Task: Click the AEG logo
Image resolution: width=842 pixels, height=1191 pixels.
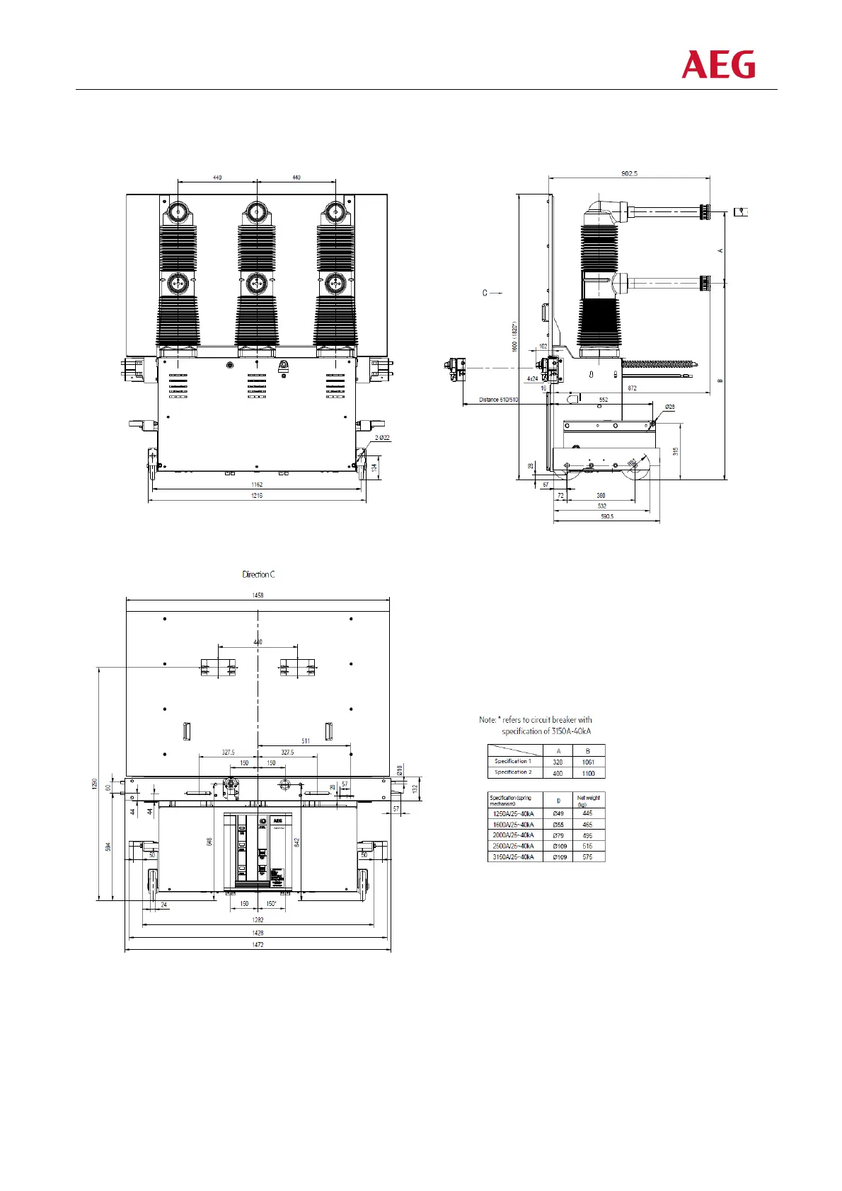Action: pyautogui.click(x=718, y=64)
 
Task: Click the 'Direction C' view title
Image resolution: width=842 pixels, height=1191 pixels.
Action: pyautogui.click(x=258, y=574)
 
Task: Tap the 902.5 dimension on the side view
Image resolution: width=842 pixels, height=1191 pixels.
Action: pyautogui.click(x=629, y=173)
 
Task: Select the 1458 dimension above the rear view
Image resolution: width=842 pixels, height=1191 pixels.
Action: pyautogui.click(x=258, y=595)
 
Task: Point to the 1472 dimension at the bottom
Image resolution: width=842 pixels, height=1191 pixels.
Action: pyautogui.click(x=258, y=945)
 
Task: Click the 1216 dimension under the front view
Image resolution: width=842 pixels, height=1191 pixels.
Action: pyautogui.click(x=256, y=496)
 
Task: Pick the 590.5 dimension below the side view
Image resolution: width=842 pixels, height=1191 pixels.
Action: pyautogui.click(x=606, y=516)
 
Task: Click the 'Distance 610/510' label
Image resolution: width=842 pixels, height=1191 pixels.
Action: pyautogui.click(x=498, y=400)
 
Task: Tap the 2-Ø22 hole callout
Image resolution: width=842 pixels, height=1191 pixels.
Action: pyautogui.click(x=382, y=438)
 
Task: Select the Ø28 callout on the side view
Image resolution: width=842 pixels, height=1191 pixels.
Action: pyautogui.click(x=669, y=407)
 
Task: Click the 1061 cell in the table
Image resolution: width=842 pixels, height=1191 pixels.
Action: pyautogui.click(x=588, y=762)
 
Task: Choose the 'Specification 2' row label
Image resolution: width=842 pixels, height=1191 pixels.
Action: pyautogui.click(x=513, y=772)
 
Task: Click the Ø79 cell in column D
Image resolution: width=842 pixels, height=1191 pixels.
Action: pyautogui.click(x=558, y=835)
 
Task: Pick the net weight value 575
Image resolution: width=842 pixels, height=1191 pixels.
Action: pyautogui.click(x=587, y=857)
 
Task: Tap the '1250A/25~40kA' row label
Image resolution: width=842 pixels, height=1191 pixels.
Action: pyautogui.click(x=513, y=814)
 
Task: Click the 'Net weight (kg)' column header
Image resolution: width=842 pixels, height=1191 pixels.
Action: pyautogui.click(x=588, y=801)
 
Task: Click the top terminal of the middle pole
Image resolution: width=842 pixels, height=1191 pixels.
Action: pyautogui.click(x=256, y=212)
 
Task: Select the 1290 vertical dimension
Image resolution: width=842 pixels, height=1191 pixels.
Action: pyautogui.click(x=95, y=784)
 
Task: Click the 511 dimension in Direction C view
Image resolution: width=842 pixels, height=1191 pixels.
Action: pyautogui.click(x=306, y=741)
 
